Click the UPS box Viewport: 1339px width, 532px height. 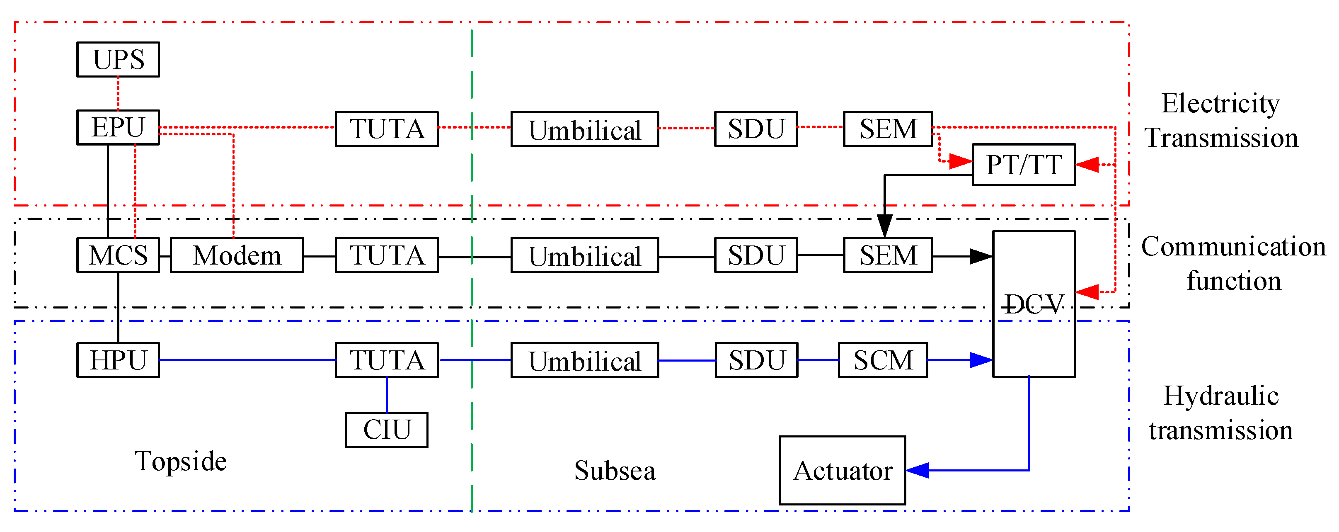click(118, 59)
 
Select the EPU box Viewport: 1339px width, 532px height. click(118, 127)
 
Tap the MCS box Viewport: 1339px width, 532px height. click(118, 255)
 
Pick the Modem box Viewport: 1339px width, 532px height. click(237, 255)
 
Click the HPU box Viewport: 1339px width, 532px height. click(118, 360)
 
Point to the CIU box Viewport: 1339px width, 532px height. click(387, 430)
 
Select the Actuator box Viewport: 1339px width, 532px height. click(842, 470)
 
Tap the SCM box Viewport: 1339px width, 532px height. click(883, 360)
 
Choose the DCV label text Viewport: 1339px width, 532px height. click(1033, 304)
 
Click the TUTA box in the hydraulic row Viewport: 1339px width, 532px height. click(387, 360)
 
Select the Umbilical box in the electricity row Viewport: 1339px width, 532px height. click(585, 129)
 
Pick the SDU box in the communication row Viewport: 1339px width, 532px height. click(756, 255)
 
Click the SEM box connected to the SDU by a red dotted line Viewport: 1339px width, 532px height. click(888, 129)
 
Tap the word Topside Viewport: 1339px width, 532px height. click(181, 461)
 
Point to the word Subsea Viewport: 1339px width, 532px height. click(615, 471)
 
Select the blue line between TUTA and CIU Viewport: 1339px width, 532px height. click(387, 395)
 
